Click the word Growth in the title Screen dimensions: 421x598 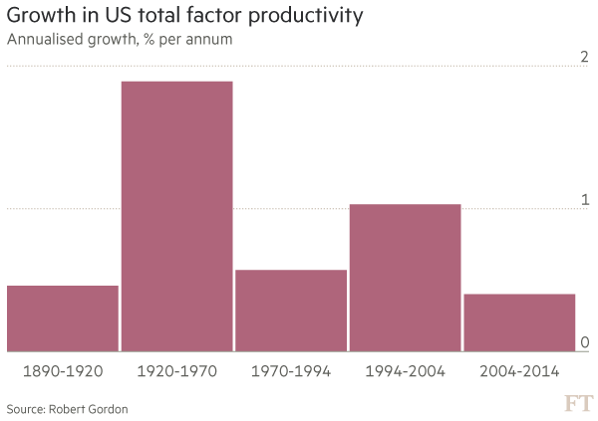[x=39, y=18]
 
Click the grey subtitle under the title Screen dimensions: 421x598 [x=119, y=41]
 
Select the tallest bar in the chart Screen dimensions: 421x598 [x=176, y=215]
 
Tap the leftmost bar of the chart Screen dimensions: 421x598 [x=63, y=317]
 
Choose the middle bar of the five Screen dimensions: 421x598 [x=291, y=310]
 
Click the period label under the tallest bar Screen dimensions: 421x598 [x=176, y=370]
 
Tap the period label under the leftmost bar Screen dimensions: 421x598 [x=63, y=370]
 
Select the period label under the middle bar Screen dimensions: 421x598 [x=291, y=370]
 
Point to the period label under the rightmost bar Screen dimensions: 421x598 [x=519, y=370]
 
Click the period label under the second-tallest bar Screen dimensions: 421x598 [x=405, y=370]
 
